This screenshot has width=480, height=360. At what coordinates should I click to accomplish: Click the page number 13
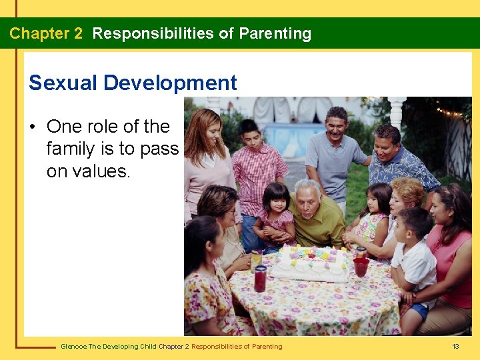[456, 346]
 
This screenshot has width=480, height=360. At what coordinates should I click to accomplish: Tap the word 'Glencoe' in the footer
[74, 346]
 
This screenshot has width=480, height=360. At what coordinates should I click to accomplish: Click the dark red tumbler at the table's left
[260, 278]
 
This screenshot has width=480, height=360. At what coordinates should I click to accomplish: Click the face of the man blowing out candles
[308, 195]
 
